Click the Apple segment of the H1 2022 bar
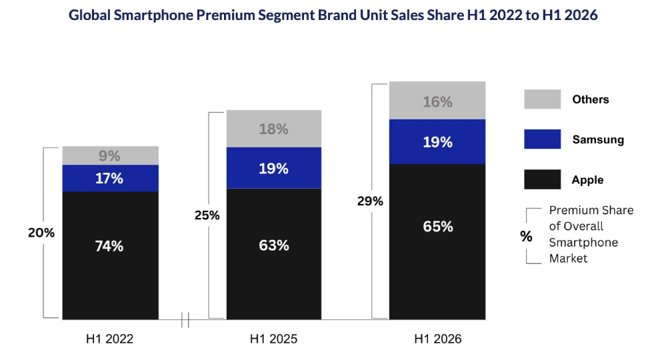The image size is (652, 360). tap(110, 255)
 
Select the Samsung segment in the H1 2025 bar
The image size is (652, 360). tap(273, 168)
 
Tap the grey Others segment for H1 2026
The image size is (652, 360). tap(437, 101)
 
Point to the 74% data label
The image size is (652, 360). tap(109, 246)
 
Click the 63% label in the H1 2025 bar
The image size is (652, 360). tap(273, 245)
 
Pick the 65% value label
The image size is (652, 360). tap(438, 227)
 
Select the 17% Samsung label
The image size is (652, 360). tap(109, 179)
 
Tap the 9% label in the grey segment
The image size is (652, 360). tap(109, 156)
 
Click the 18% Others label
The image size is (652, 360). tap(273, 129)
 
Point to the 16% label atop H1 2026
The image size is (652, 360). tap(437, 102)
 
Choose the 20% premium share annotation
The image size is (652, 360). tap(41, 233)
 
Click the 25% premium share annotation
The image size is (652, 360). tap(207, 215)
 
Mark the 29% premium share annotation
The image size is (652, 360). tap(370, 201)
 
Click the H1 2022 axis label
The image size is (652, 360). tap(110, 339)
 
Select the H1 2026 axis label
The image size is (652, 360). tap(438, 339)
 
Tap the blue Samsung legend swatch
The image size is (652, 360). tap(542, 139)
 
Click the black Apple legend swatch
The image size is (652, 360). tap(542, 179)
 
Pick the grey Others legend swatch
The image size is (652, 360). tap(542, 99)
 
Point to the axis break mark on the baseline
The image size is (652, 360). tap(185, 320)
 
